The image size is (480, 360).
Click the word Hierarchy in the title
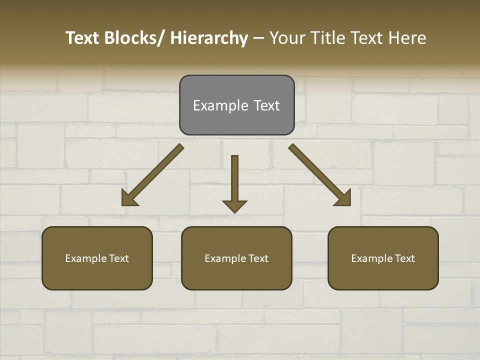tap(209, 38)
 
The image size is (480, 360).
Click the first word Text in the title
tap(83, 38)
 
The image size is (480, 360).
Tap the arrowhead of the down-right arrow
tap(344, 199)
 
